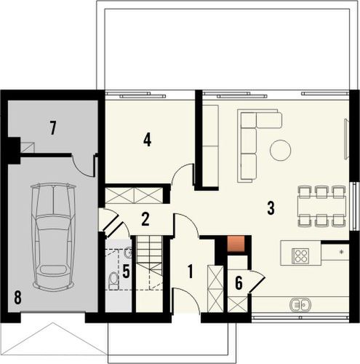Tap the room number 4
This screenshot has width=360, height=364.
click(x=147, y=139)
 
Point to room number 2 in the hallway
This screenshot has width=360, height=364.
click(x=145, y=218)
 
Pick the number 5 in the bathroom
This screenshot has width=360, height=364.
click(x=125, y=273)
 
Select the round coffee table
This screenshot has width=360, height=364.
click(x=280, y=151)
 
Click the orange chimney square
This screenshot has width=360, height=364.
click(x=235, y=245)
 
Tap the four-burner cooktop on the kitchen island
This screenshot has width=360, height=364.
click(x=301, y=255)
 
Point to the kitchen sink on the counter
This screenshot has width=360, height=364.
click(x=300, y=304)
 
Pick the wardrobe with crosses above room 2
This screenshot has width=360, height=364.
click(x=137, y=195)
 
